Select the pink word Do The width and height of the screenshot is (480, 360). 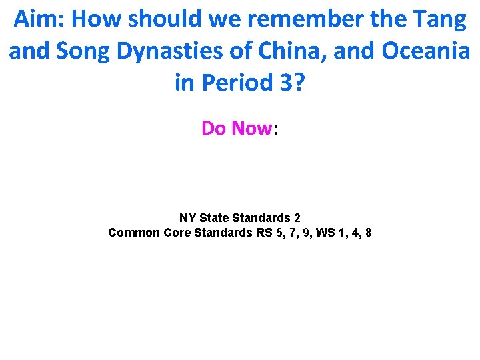(x=215, y=128)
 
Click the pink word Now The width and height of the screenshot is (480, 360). (x=252, y=128)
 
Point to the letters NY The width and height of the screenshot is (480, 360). (x=187, y=218)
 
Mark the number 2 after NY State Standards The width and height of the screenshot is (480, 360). (x=297, y=218)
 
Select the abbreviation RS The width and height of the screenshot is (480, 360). (x=263, y=233)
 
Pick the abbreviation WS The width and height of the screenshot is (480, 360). (x=325, y=233)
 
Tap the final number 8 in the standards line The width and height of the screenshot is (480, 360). (x=369, y=233)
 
